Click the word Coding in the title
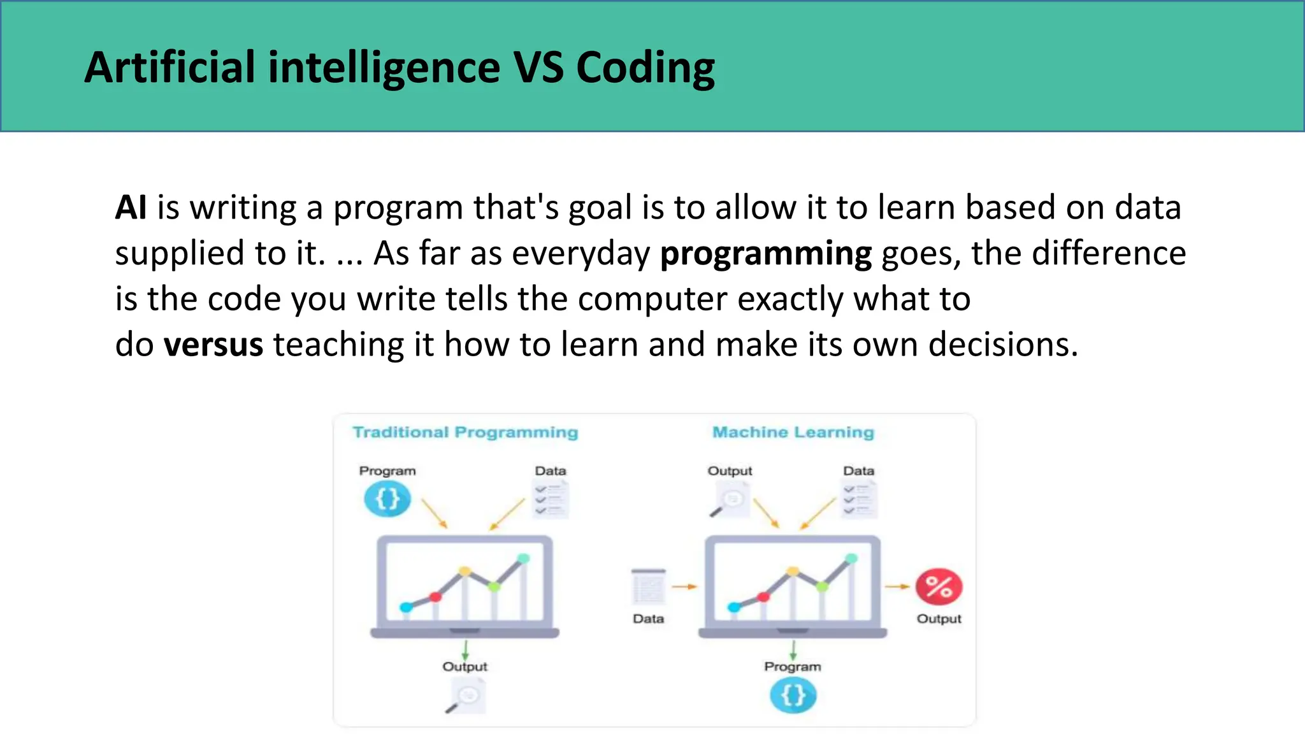[x=645, y=68]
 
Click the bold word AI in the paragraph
[x=131, y=208]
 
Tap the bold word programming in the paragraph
[x=765, y=254]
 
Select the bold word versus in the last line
[x=213, y=345]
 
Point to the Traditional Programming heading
[x=465, y=432]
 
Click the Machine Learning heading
[x=793, y=432]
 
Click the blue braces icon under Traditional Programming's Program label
[x=387, y=499]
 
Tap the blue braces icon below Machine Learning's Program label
[x=793, y=695]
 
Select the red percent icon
[x=939, y=587]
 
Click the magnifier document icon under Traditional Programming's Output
[x=467, y=696]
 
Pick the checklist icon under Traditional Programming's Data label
[x=551, y=500]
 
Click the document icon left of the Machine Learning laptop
[x=648, y=587]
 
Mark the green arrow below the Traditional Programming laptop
[x=465, y=650]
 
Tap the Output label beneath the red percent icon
[x=939, y=619]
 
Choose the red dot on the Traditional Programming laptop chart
[x=435, y=597]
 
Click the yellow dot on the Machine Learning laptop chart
[x=793, y=572]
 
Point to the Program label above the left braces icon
[x=387, y=471]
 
